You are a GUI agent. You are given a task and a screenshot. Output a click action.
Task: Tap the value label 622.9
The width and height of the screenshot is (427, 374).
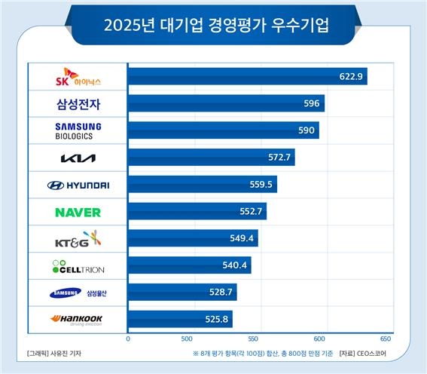coord(351,76)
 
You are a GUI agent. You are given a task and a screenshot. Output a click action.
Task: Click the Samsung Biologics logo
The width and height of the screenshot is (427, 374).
coord(78,130)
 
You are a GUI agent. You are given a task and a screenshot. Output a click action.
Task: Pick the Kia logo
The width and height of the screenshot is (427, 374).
coord(78,158)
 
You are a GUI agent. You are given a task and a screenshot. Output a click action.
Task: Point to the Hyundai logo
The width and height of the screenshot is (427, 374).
coord(78,185)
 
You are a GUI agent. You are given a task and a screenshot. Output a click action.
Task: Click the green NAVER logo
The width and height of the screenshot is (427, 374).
coord(78,213)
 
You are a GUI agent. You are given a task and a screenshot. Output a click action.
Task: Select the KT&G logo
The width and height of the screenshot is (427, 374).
coord(78,240)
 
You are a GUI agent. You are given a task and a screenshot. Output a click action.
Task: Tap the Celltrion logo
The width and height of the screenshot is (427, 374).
coord(78,267)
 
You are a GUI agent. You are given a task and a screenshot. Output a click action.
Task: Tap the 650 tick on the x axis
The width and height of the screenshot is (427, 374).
coord(386,339)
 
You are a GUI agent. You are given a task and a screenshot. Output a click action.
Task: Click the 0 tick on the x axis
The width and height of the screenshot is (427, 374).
coord(128,339)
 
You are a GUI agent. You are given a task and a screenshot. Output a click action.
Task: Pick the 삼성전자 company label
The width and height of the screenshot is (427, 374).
coord(78,104)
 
